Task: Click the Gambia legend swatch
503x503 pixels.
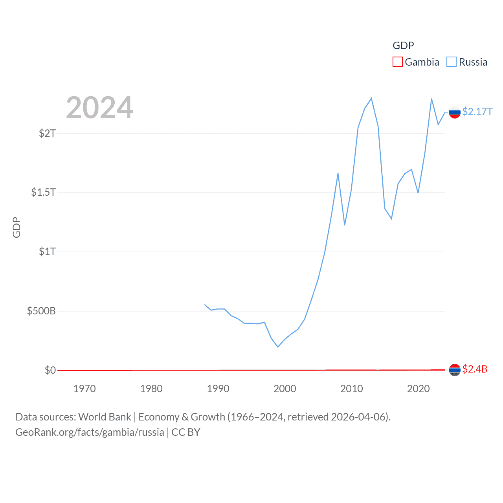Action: [x=398, y=62]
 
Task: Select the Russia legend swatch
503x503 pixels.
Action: [x=452, y=62]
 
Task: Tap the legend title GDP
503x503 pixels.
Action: [x=403, y=46]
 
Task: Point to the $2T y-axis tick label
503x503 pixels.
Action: [x=47, y=133]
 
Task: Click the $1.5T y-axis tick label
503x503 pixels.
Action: [x=43, y=193]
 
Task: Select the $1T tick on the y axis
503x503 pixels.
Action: [x=47, y=251]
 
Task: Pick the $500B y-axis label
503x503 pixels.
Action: [x=41, y=311]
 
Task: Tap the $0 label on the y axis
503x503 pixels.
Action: [x=50, y=370]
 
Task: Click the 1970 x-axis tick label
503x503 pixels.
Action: [x=84, y=389]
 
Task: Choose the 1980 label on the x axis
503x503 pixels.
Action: [x=151, y=389]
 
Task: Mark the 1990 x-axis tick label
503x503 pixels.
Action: [x=218, y=389]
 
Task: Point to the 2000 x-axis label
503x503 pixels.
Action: [x=285, y=389]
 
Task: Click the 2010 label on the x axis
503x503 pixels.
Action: [x=352, y=389]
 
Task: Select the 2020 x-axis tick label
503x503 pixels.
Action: [x=419, y=389]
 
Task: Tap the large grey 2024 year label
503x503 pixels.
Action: [x=99, y=108]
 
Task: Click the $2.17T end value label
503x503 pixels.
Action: [x=477, y=112]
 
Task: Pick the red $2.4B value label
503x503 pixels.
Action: [x=475, y=369]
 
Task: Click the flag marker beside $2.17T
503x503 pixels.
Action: [x=455, y=112]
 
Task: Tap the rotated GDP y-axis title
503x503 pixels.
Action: [x=17, y=227]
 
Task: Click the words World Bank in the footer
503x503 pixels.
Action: [x=105, y=417]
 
